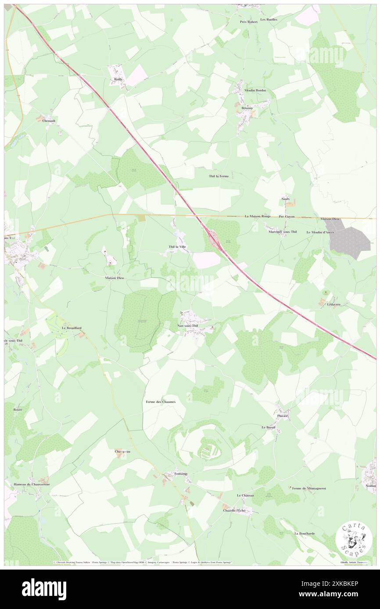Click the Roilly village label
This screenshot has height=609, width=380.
[x=118, y=79]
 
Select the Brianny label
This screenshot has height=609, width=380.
[x=244, y=108]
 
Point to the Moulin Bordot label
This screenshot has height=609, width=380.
[x=255, y=90]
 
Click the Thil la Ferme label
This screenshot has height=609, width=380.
[x=219, y=176]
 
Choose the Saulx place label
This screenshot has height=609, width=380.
[x=285, y=198]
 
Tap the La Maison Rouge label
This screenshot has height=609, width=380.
[x=258, y=216]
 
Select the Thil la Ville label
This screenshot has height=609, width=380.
[x=177, y=247]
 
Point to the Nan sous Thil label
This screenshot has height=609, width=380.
[x=188, y=326]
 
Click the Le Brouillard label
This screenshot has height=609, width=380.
[x=72, y=328]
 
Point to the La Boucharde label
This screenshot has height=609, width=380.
[x=305, y=533]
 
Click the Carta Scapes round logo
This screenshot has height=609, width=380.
[x=354, y=538]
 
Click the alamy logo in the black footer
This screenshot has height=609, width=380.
[x=44, y=588]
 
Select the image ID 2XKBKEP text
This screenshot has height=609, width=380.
[x=340, y=595]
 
